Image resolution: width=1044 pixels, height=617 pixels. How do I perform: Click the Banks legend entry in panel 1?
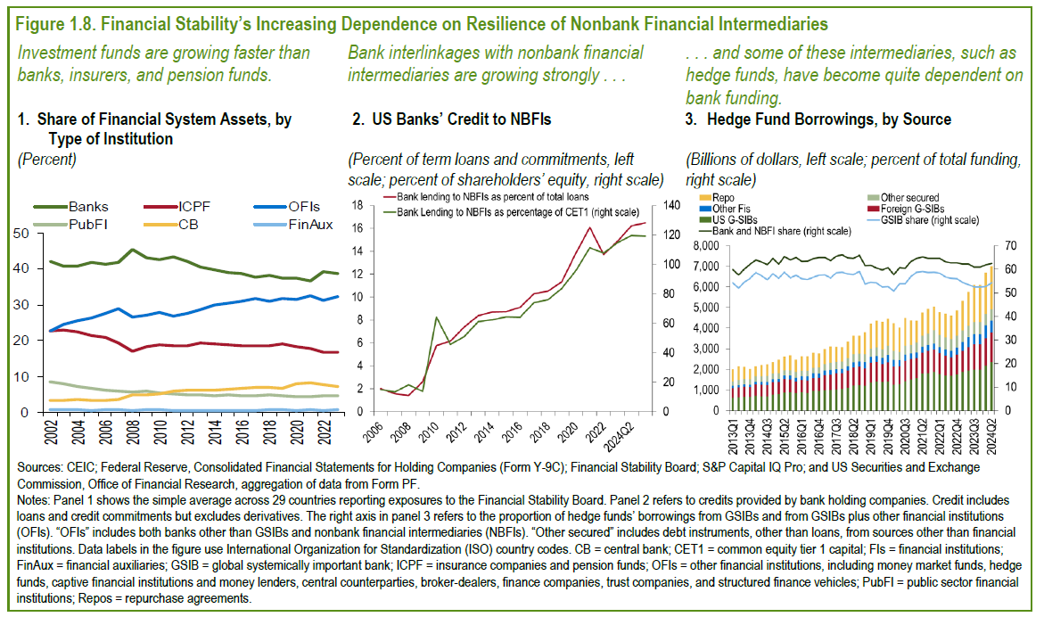87,206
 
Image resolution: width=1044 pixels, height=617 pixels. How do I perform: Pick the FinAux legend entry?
310,225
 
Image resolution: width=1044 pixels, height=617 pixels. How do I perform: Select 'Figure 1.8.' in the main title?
54,22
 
